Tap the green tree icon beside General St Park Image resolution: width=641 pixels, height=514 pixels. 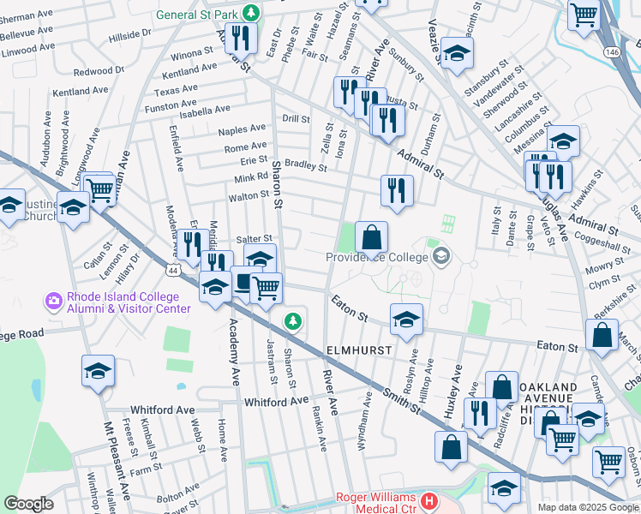coord(251,13)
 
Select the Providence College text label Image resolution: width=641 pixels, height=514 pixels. coord(376,257)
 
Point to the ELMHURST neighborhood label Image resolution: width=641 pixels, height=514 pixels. coord(359,351)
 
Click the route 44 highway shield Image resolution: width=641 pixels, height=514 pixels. coord(174,270)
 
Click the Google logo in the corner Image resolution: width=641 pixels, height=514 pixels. coord(29,504)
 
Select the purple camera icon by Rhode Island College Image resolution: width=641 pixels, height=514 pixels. coord(53,301)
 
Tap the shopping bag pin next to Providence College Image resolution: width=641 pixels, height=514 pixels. coord(371,237)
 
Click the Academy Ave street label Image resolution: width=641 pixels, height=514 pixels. coord(232,352)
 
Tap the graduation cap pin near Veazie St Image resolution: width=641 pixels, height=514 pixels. coord(458,54)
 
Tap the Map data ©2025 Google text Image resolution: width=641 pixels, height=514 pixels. coord(587,507)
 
